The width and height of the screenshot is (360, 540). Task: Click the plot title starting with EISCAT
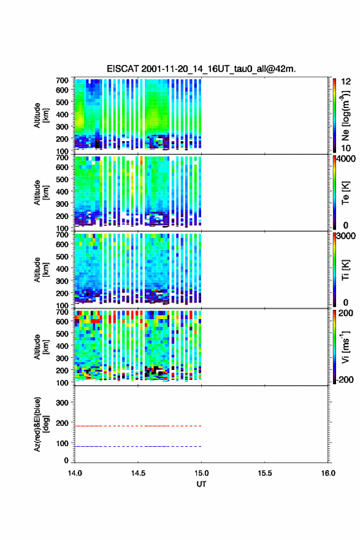pyautogui.click(x=201, y=69)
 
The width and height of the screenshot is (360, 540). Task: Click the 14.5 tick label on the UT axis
pyautogui.click(x=138, y=473)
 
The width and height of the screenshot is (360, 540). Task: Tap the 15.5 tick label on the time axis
pyautogui.click(x=265, y=473)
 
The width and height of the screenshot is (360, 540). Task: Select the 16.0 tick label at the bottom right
pyautogui.click(x=328, y=473)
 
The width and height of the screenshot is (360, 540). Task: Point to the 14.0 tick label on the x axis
pyautogui.click(x=75, y=473)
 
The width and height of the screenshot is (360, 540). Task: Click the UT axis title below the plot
pyautogui.click(x=201, y=484)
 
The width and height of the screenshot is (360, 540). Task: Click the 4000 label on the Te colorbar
pyautogui.click(x=347, y=159)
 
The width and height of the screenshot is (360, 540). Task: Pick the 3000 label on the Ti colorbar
pyautogui.click(x=347, y=236)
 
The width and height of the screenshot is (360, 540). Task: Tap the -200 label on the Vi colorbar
pyautogui.click(x=344, y=379)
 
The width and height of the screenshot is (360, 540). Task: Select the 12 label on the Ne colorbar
pyautogui.click(x=346, y=82)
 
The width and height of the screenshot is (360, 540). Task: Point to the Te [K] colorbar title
pyautogui.click(x=345, y=193)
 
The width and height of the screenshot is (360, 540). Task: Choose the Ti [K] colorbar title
pyautogui.click(x=345, y=270)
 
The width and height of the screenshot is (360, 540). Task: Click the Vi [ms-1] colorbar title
pyautogui.click(x=345, y=347)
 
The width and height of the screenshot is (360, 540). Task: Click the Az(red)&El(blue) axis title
pyautogui.click(x=41, y=424)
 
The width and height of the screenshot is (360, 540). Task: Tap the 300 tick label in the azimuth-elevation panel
pyautogui.click(x=62, y=403)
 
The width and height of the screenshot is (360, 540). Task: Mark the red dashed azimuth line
pyautogui.click(x=138, y=426)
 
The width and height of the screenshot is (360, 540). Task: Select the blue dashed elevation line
pyautogui.click(x=138, y=446)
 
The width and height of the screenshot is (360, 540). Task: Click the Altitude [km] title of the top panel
pyautogui.click(x=41, y=115)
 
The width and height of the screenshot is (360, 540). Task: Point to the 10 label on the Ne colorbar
pyautogui.click(x=346, y=148)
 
